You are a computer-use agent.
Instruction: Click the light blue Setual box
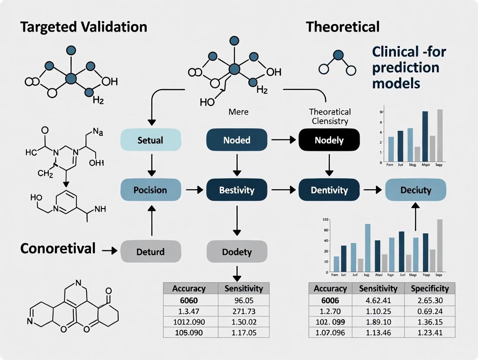[150, 140]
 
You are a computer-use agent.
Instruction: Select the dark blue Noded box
[237, 140]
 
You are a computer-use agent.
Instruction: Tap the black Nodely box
[329, 140]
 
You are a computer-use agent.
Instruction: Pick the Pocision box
[150, 190]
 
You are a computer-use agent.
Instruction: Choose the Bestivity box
[237, 190]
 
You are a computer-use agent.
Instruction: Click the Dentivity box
[329, 190]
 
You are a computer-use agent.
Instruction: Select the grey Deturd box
[150, 251]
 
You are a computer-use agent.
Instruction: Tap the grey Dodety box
[237, 251]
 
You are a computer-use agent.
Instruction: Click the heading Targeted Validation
[78, 27]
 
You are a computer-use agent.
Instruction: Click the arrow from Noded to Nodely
[283, 140]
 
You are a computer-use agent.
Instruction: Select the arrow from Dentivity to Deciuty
[372, 190]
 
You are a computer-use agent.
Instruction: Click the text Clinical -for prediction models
[409, 67]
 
